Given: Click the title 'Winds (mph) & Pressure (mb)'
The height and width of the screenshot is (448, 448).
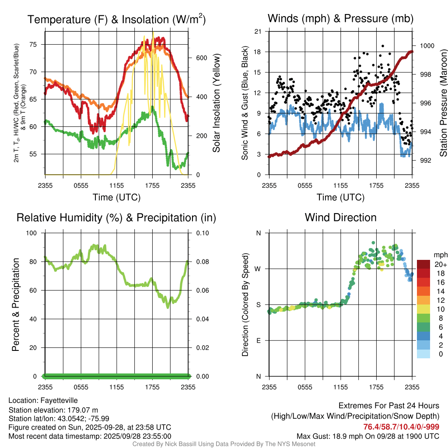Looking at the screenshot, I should click(x=340, y=19).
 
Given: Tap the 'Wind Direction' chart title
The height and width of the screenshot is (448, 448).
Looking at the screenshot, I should click(x=340, y=217).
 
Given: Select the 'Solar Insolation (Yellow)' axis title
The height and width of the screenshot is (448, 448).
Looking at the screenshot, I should click(x=216, y=103).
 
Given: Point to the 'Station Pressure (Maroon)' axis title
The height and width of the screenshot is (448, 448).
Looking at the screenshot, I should click(x=443, y=103).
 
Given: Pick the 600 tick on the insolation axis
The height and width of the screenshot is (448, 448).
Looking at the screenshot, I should click(x=201, y=58).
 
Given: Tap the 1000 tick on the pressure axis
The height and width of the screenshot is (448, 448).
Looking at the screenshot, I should click(x=426, y=45).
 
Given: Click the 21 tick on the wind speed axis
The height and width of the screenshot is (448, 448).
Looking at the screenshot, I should click(x=258, y=31).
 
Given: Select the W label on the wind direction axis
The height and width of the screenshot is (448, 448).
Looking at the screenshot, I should click(x=258, y=269).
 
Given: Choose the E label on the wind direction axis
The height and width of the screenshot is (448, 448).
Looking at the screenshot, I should click(x=259, y=340).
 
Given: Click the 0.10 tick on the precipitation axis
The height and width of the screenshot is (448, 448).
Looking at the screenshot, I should click(x=202, y=233).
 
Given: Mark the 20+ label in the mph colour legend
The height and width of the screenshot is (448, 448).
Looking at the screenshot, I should click(x=440, y=265).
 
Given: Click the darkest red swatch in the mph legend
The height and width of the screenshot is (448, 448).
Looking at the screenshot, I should click(x=423, y=264).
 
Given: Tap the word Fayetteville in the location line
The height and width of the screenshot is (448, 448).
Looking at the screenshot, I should click(x=59, y=400).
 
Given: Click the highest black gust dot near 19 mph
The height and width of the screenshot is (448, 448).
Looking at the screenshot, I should click(x=383, y=45).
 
